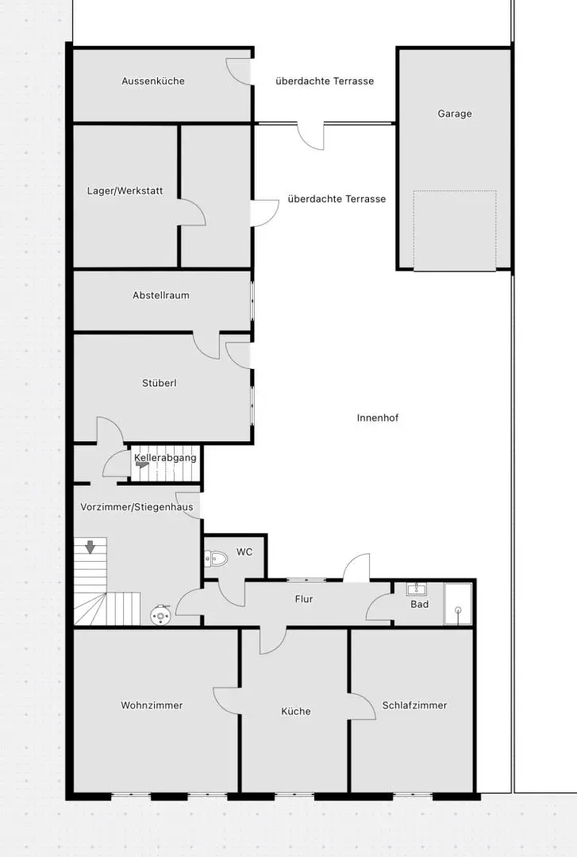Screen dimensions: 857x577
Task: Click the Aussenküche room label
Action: [x=153, y=81]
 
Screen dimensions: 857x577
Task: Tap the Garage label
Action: [x=455, y=113]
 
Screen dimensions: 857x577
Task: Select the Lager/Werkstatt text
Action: [x=125, y=191]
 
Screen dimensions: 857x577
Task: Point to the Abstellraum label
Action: [x=161, y=295]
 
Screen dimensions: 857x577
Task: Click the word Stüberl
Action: [x=160, y=383]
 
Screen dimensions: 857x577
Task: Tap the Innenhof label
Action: [x=378, y=417]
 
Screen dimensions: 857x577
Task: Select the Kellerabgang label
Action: [x=165, y=458]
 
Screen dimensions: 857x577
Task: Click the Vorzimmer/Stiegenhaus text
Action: [x=137, y=507]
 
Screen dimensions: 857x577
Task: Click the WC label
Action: [x=244, y=551]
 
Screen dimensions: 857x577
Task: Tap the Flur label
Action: [x=304, y=599]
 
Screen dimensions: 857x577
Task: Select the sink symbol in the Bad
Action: [x=417, y=589]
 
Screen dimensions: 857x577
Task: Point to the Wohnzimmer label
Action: [x=152, y=705]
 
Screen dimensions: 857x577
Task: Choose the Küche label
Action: [x=296, y=711]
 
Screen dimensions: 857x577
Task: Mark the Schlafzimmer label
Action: [x=414, y=705]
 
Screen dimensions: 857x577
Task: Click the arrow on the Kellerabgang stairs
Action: [x=142, y=467]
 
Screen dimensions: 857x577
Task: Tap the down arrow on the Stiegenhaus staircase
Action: [x=90, y=546]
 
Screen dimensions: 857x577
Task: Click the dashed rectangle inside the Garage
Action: [x=455, y=230]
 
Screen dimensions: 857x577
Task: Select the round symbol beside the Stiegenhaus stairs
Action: [x=162, y=613]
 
